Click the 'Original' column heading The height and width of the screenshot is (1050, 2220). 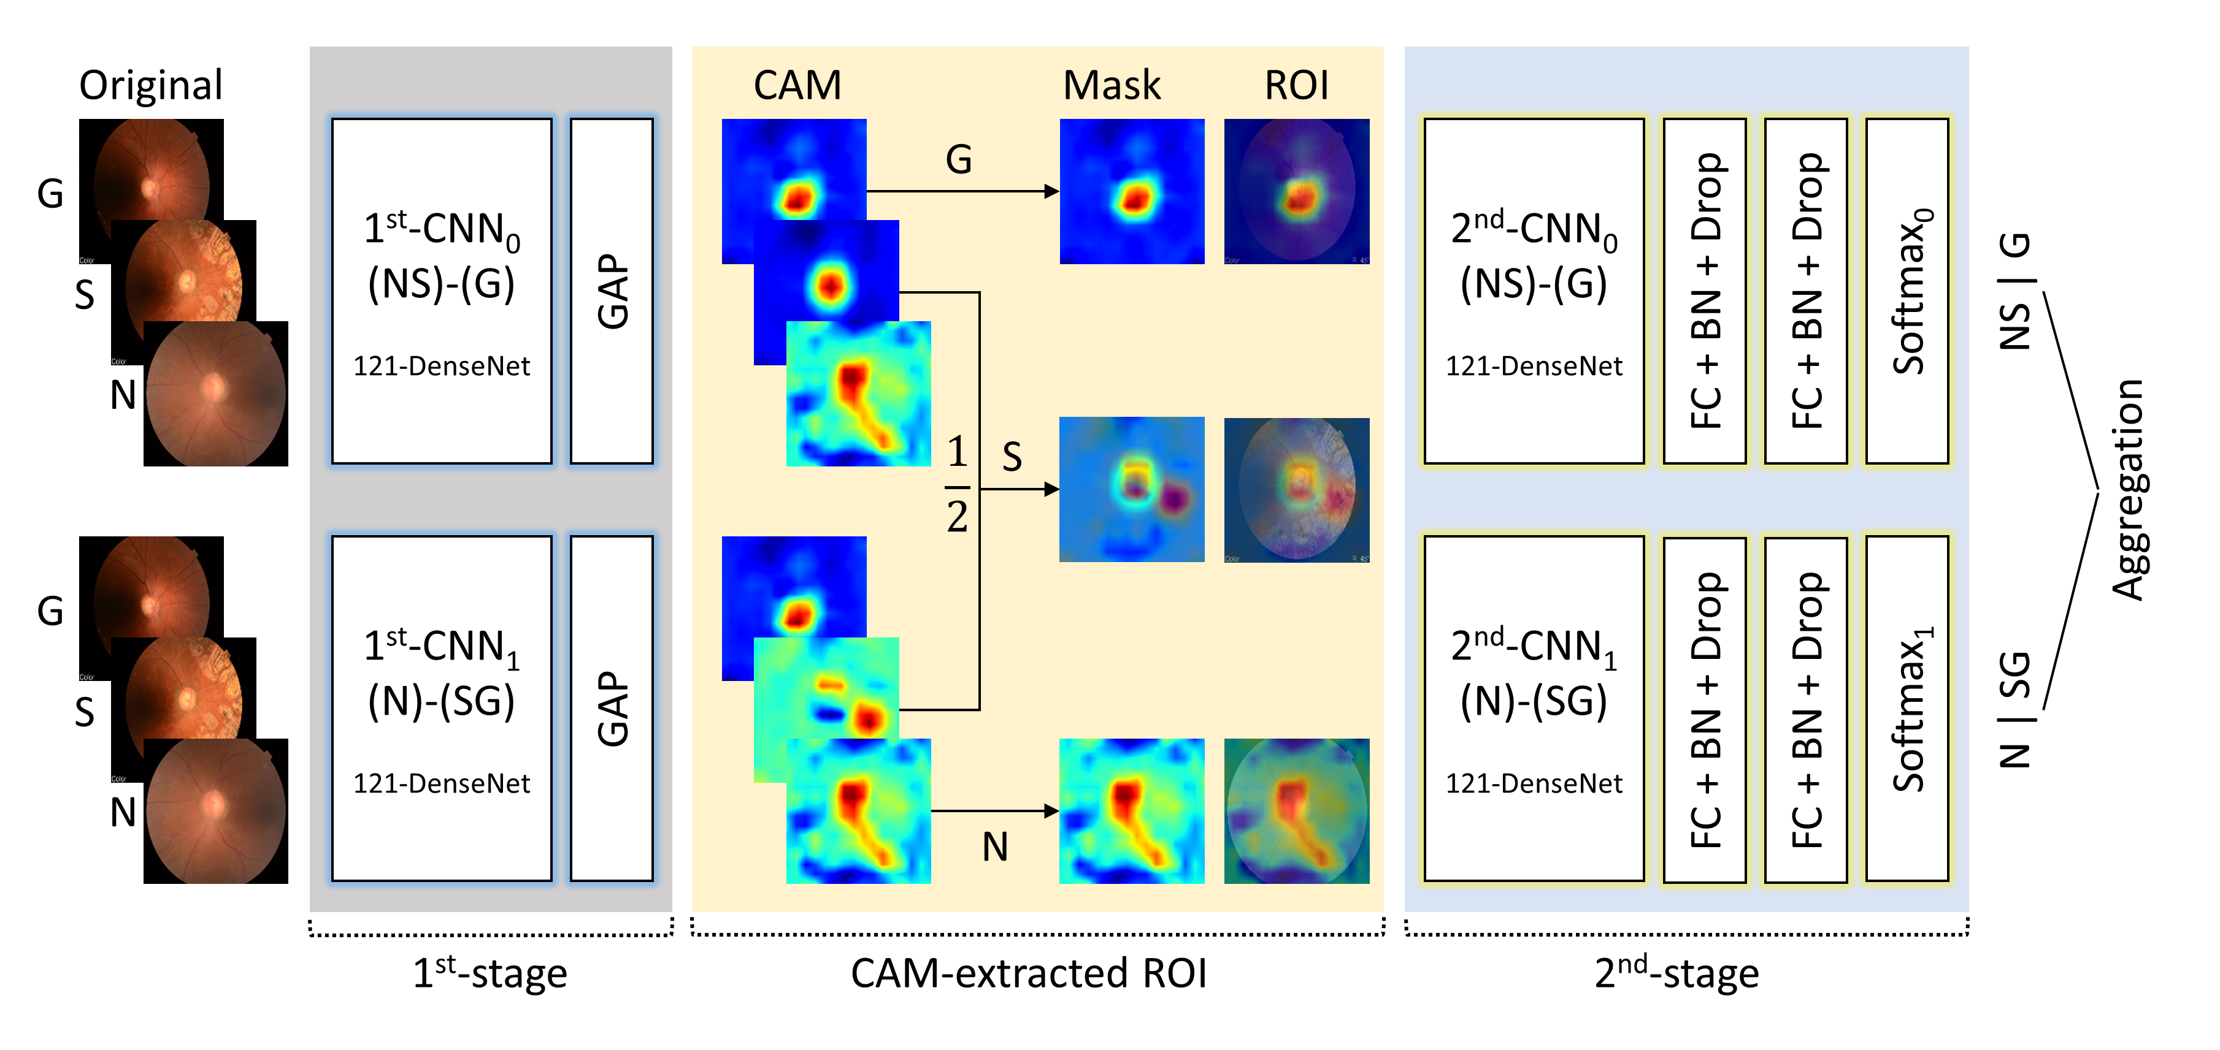tap(151, 85)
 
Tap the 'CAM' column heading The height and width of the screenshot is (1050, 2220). tap(797, 85)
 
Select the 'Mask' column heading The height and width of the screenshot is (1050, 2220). tap(1112, 85)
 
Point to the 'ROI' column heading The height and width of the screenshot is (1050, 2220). tap(1296, 85)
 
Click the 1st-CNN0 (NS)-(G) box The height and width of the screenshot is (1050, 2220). tap(441, 291)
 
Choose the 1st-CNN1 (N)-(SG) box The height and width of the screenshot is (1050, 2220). tap(441, 708)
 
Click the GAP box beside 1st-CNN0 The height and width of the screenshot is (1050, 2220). tap(612, 291)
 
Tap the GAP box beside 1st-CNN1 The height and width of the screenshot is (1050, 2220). tap(612, 708)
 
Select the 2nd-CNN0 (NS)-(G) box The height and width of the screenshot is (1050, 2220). tap(1534, 291)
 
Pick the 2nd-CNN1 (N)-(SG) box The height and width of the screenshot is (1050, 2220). tap(1534, 708)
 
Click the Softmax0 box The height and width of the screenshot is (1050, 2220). tap(1907, 291)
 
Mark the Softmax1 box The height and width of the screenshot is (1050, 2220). tap(1907, 708)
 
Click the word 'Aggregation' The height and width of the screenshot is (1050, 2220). tap(2127, 489)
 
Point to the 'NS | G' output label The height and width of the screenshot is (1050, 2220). tap(2015, 291)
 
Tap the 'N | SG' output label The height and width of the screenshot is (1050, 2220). tap(2015, 708)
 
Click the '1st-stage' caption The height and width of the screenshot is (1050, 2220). tap(490, 973)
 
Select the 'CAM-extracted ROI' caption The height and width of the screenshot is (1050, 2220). tap(1028, 973)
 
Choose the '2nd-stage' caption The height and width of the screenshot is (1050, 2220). tap(1677, 973)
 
